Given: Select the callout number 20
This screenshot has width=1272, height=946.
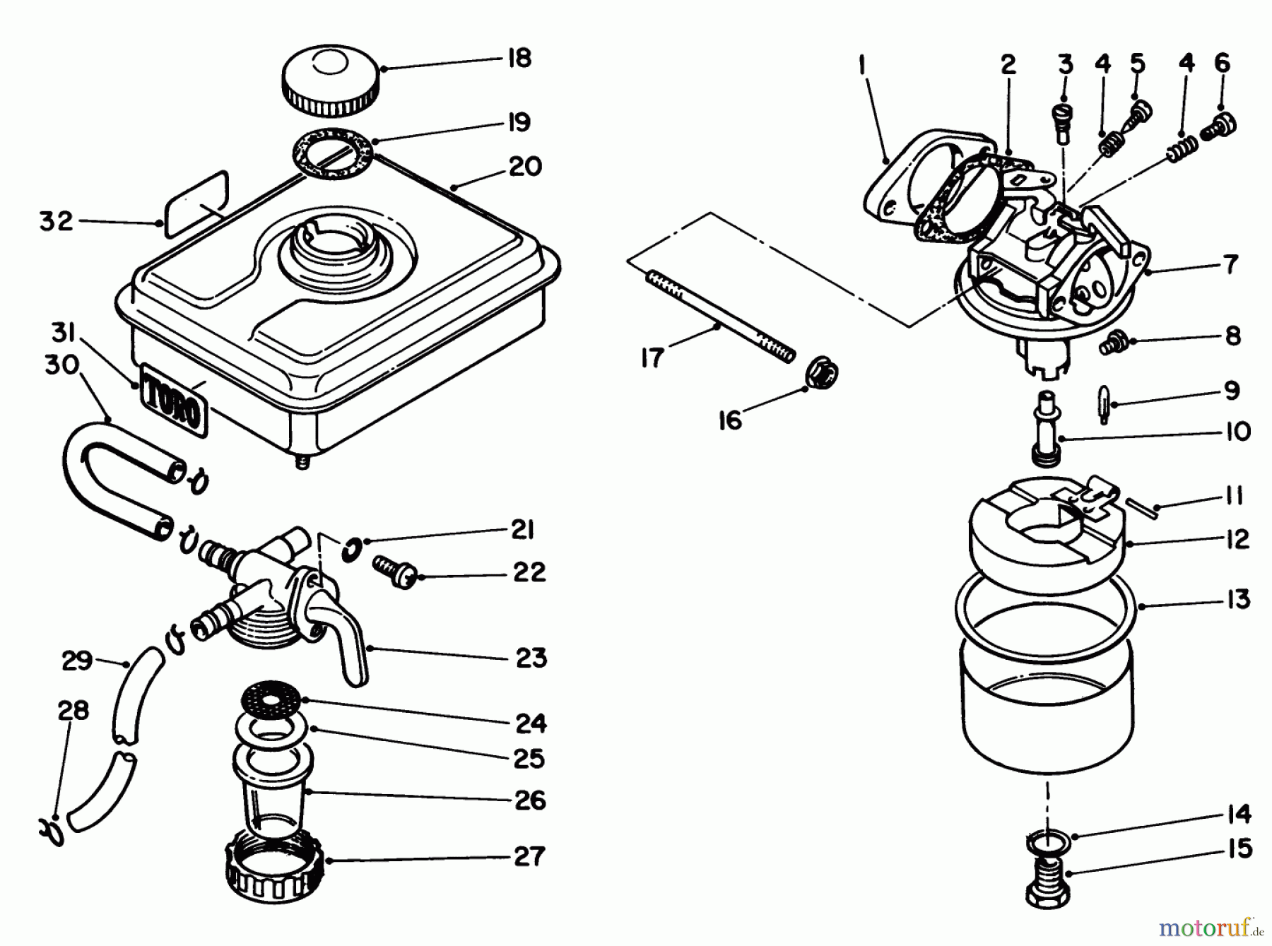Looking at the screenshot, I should click(524, 167).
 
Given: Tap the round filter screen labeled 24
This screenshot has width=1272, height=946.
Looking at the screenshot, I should click(272, 700).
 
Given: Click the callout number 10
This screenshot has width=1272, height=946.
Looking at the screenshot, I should click(1236, 432).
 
